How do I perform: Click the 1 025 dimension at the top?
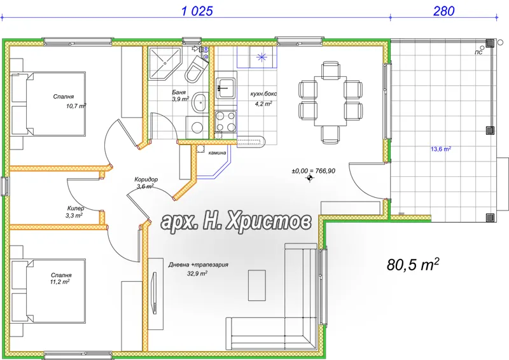pos(197,11)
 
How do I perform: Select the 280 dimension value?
pos(443,11)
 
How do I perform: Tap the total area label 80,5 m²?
pos(413,264)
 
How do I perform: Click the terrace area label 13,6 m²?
pos(441,149)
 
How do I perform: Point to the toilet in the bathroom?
pos(197,69)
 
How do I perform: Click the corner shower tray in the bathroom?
pos(165,64)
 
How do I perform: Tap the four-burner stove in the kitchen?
pos(226,121)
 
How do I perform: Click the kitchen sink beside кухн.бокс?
pos(226,87)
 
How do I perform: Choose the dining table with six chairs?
pos(330,101)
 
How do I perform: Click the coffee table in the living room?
pos(257,286)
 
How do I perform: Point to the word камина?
pos(217,153)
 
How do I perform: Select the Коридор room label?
pos(146,179)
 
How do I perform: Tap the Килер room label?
pos(76,209)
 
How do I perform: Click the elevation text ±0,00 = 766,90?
pos(313,170)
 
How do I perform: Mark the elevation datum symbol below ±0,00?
pos(310,178)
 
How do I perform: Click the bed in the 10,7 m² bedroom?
pos(49,104)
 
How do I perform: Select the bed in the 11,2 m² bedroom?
pos(49,291)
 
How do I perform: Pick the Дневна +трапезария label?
pos(198,265)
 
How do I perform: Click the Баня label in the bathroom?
pos(179,92)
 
